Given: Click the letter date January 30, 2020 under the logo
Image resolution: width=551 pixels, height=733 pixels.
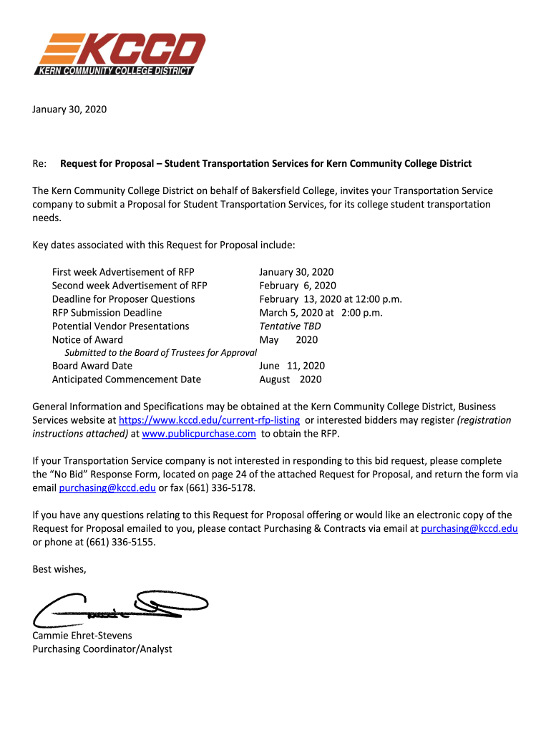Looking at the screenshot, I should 69,110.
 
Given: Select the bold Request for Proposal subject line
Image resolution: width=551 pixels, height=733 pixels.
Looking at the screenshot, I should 265,164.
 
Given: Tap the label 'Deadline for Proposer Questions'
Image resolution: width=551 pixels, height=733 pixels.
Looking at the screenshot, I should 123,299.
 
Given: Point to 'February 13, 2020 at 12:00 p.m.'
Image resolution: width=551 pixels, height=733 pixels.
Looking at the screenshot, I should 330,299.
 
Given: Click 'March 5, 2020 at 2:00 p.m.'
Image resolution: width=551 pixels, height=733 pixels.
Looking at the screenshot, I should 321,313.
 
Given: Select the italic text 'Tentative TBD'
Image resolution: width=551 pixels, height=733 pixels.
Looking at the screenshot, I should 290,326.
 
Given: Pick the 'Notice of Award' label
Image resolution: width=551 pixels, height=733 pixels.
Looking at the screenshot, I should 87,340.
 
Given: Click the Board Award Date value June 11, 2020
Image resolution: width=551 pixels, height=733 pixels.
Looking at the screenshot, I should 291,366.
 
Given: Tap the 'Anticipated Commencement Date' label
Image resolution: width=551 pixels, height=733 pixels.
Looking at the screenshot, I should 126,379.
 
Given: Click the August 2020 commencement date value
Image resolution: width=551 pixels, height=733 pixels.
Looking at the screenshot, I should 290,379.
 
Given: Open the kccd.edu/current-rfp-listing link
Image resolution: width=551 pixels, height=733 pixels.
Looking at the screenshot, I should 209,420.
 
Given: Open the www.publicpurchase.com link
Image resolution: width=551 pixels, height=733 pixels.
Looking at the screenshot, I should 199,434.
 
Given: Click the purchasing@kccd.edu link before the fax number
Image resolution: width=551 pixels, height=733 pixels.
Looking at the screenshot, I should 107,488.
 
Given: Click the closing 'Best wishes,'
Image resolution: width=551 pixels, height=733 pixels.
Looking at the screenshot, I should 59,569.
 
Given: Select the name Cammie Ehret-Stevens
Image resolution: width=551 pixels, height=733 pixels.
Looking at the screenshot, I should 82,636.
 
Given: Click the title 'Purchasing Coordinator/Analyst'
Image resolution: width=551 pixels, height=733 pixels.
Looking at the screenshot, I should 102,649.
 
